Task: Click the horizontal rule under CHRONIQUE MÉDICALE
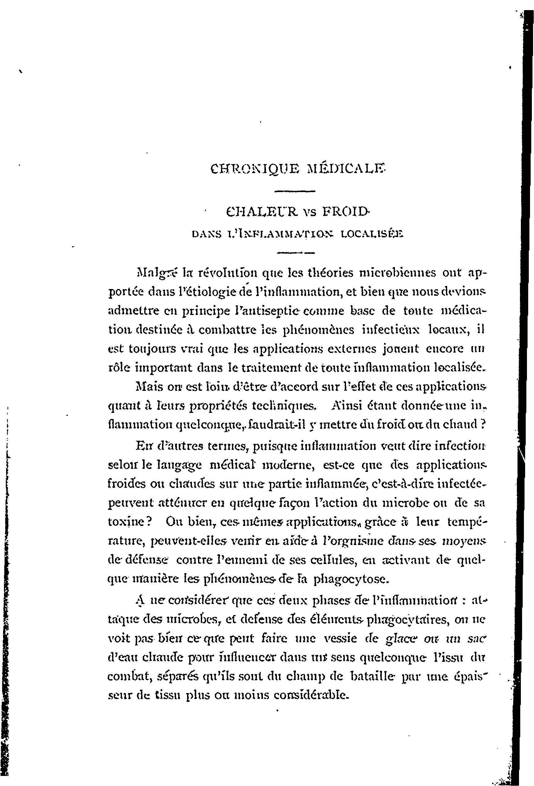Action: click(295, 192)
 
